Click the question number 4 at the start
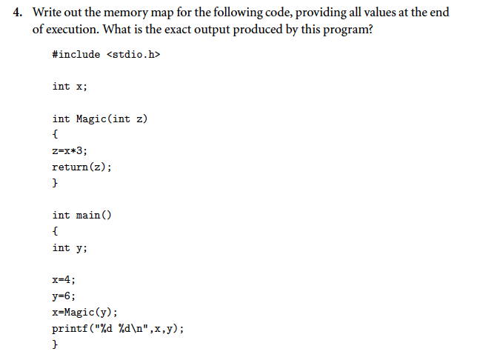(20, 13)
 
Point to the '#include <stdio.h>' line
(106, 55)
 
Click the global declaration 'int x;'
(70, 87)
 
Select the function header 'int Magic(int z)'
(100, 119)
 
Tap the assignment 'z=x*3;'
(70, 151)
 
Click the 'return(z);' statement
(82, 167)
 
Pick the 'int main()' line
(81, 216)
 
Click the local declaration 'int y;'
(70, 247)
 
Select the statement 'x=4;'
(64, 280)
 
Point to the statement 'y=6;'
(64, 296)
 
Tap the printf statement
(118, 328)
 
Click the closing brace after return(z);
(55, 183)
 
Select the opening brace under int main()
(55, 231)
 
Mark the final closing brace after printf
(55, 344)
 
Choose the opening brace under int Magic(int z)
(55, 135)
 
